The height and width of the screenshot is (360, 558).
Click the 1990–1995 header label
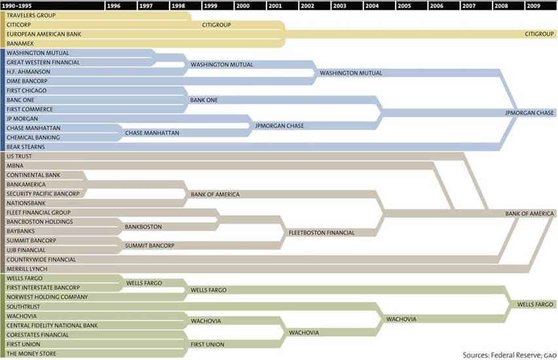pos(19,5)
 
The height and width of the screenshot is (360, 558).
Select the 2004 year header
pos(372,5)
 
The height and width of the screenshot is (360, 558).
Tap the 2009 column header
pos(533,5)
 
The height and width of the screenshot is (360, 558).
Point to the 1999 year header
pos(211,5)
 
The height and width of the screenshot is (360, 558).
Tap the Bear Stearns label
pos(25,147)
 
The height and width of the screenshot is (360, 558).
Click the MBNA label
pos(15,166)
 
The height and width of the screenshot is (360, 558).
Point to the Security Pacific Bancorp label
pos(43,194)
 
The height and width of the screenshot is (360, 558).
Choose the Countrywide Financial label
pos(41,260)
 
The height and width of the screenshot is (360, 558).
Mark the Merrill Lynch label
pos(28,269)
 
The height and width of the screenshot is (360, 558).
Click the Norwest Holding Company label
pos(47,297)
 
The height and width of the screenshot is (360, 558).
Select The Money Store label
pos(31,354)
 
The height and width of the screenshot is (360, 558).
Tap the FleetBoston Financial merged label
pos(322,232)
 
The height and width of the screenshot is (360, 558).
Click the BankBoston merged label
pos(143,226)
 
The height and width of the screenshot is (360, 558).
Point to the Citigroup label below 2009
pos(539,33)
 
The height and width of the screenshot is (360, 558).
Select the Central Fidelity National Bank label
pos(52,325)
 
